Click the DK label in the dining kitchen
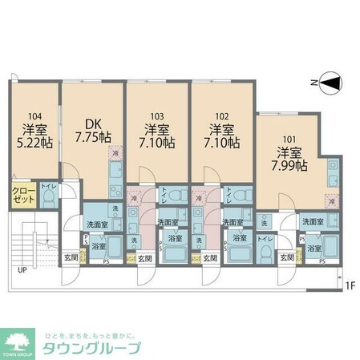point(93,123)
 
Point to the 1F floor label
point(349,285)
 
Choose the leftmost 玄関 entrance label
point(71,257)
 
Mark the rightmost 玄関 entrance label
point(287,257)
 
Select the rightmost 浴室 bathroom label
point(315,249)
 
